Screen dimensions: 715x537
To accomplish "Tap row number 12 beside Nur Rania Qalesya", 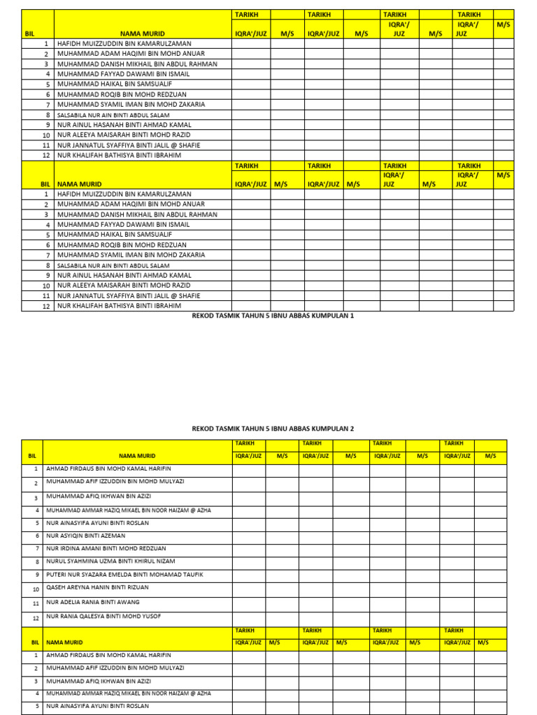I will coord(36,618).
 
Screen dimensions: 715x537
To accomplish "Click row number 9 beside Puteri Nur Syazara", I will coord(36,575).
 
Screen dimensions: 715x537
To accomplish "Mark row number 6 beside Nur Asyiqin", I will coord(36,536).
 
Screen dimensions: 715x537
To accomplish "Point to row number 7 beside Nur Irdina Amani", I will coord(36,549).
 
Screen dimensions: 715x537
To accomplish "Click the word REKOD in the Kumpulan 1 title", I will coord(201,316).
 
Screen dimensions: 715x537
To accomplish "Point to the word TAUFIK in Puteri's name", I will coord(190,574).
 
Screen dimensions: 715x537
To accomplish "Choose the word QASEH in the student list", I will coord(55,587).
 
